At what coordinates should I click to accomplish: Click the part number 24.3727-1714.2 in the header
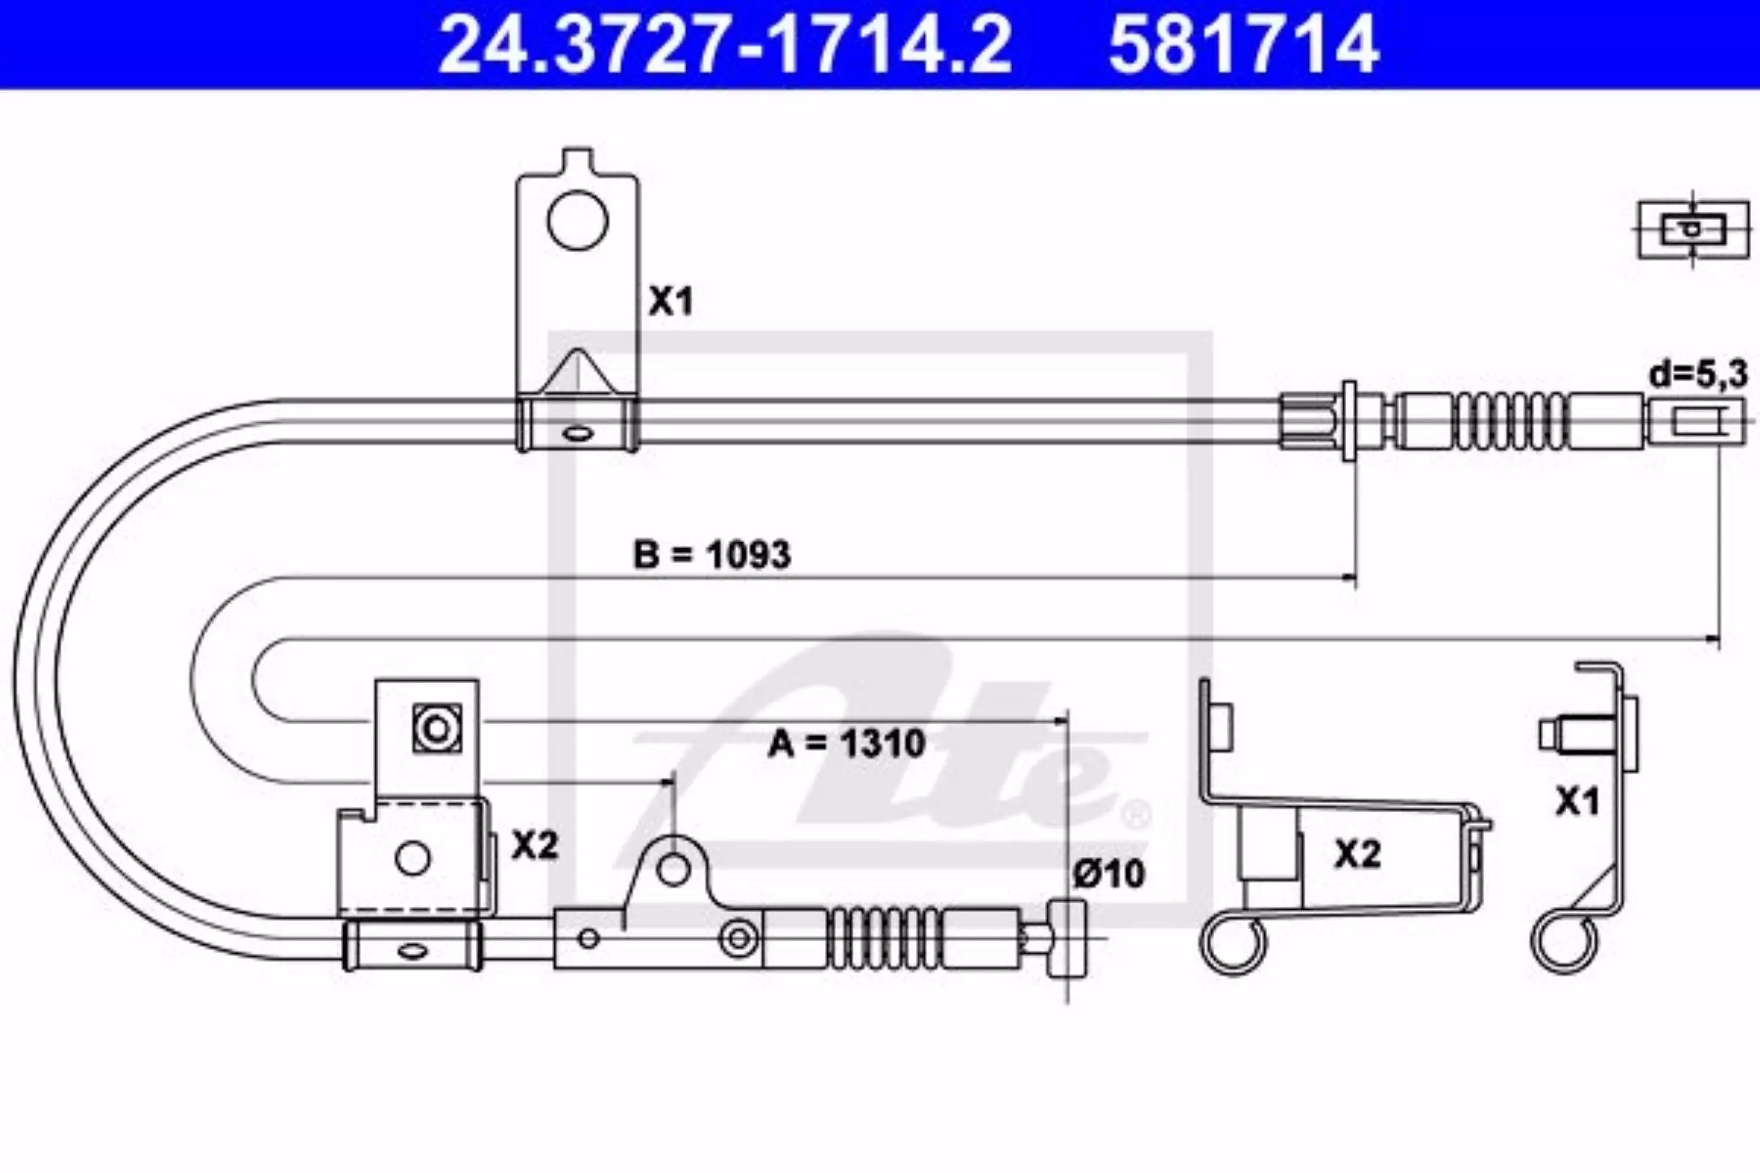click(725, 44)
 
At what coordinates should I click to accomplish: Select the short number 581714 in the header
click(1244, 44)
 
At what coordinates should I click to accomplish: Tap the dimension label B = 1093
click(712, 555)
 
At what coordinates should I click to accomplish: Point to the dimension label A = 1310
click(846, 743)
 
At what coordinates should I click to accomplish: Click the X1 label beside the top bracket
click(670, 302)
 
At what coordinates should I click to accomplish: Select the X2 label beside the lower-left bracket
click(535, 846)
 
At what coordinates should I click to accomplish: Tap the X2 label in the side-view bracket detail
click(1356, 854)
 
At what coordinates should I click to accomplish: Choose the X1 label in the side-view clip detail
click(1577, 803)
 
